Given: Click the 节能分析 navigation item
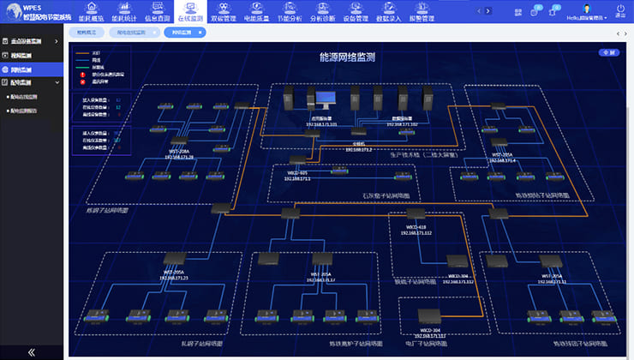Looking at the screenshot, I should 290,16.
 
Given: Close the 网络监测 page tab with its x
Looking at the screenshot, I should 200,33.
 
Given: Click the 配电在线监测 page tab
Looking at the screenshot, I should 134,33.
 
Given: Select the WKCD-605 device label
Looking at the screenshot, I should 297,172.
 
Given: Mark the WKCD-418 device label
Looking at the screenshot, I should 416,227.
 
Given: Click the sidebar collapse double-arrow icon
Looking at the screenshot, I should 32,351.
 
